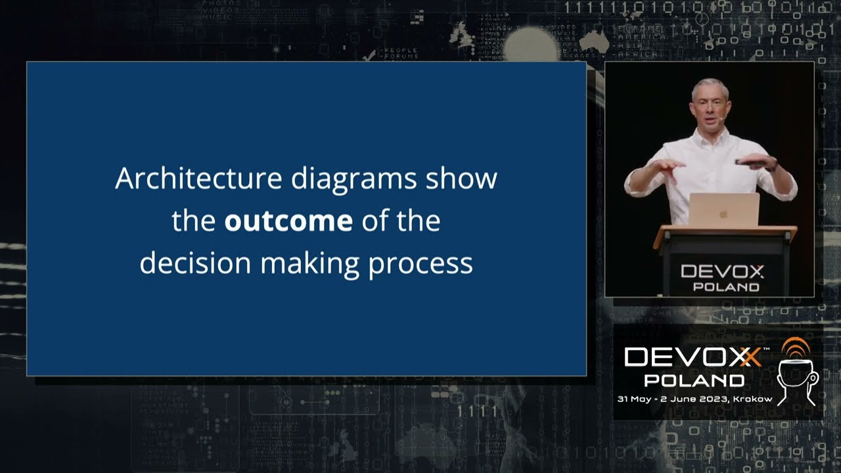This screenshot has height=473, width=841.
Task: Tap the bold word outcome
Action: pyautogui.click(x=288, y=221)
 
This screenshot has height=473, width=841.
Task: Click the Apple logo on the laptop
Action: pyautogui.click(x=723, y=214)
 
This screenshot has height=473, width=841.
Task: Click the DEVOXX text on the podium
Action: pyautogui.click(x=722, y=271)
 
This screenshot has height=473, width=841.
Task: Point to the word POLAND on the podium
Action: pyautogui.click(x=726, y=287)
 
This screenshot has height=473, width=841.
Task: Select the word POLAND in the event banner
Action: pyautogui.click(x=694, y=380)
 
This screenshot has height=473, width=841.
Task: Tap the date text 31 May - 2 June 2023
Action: pyautogui.click(x=670, y=399)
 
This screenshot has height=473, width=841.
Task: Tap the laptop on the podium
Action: pyautogui.click(x=723, y=210)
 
